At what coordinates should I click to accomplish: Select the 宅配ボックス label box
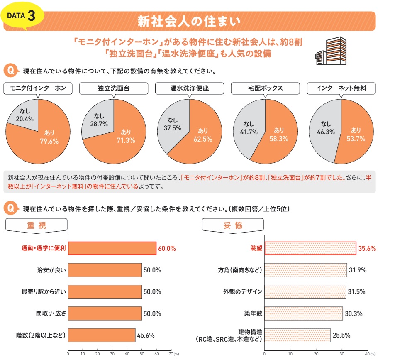click(265, 88)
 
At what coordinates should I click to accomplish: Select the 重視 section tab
click(37, 225)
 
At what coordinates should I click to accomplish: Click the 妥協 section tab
click(233, 225)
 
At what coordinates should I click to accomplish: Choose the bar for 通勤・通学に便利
click(112, 248)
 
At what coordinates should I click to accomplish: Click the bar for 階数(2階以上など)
click(102, 335)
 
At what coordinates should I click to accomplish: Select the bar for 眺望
click(310, 248)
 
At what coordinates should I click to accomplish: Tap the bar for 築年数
click(304, 313)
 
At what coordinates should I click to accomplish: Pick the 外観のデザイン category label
click(243, 292)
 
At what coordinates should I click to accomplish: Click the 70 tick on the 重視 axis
click(171, 354)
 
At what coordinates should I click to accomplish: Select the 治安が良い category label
click(51, 270)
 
